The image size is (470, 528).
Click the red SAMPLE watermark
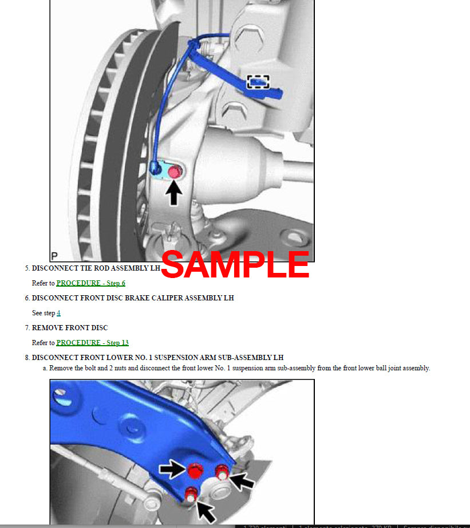(x=235, y=265)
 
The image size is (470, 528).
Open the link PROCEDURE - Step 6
(x=90, y=283)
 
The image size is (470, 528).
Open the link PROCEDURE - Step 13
(x=92, y=343)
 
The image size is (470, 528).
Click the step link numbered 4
(x=58, y=313)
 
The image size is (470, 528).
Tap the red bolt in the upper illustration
(x=175, y=171)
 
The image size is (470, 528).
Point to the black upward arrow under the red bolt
(x=174, y=192)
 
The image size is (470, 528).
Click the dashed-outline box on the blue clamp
(x=258, y=82)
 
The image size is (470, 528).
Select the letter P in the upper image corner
(x=54, y=256)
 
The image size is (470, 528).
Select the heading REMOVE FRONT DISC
(x=69, y=328)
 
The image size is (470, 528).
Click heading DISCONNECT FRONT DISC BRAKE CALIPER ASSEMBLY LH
(x=132, y=298)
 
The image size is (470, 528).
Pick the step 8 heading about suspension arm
(x=157, y=358)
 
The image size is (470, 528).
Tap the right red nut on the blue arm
(x=222, y=472)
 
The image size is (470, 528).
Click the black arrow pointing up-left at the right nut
(x=243, y=481)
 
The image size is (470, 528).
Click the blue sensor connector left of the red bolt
(x=155, y=169)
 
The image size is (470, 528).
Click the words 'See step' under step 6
(x=43, y=313)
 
